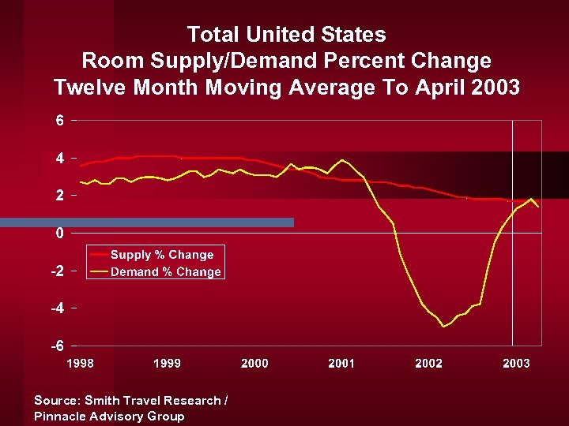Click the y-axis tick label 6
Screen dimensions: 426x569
tap(58, 121)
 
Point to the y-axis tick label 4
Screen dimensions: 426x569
tap(58, 158)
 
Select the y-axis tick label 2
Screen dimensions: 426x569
tap(58, 196)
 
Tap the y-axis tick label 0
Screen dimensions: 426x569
tap(58, 234)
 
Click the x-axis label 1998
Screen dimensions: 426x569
tap(80, 364)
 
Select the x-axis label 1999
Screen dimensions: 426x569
tap(167, 364)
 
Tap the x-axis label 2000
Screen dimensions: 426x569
tap(254, 364)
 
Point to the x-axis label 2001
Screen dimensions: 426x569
tap(341, 364)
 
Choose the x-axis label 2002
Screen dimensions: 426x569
tap(429, 364)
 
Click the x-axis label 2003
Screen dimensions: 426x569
tap(516, 364)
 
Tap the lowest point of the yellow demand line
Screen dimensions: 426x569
tap(444, 326)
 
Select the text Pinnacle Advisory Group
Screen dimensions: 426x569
tap(109, 417)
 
